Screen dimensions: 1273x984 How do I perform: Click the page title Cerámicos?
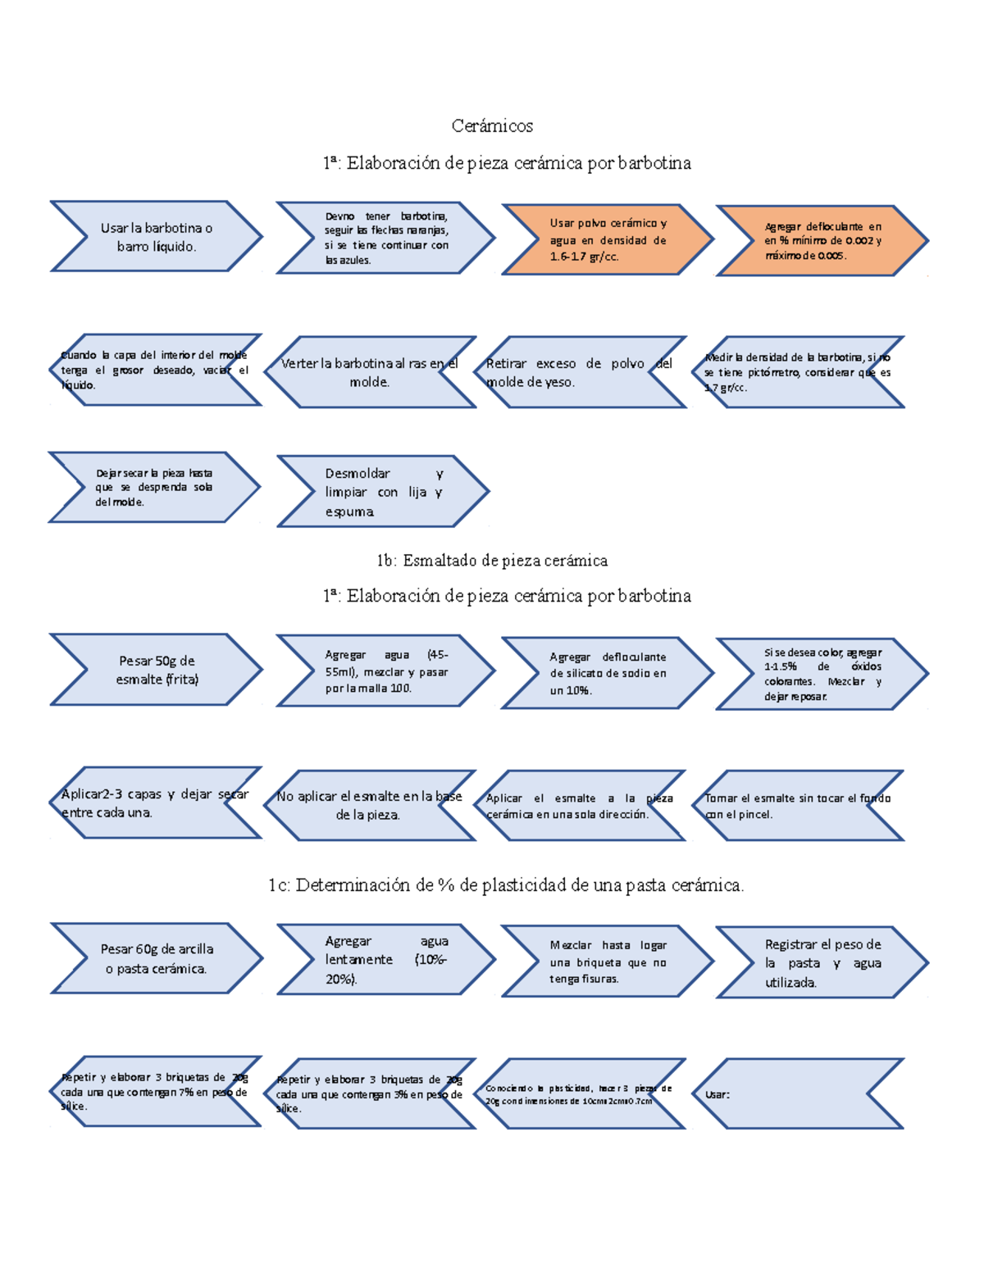coord(492,125)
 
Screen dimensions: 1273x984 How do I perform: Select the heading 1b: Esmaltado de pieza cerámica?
coord(492,561)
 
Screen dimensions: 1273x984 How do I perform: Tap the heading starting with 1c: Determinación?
coord(506,885)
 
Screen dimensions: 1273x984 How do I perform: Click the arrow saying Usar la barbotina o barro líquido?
coord(157,237)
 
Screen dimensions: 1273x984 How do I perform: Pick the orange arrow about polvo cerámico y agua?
coord(608,239)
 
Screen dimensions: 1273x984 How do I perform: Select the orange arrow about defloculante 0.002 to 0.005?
coord(822,241)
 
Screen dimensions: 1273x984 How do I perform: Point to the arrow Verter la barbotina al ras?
coord(370,372)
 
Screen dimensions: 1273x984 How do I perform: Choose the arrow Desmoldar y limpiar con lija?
coord(383,492)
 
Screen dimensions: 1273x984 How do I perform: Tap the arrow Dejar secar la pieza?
coord(154,487)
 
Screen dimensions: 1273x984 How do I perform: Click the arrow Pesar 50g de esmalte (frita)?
coord(157,670)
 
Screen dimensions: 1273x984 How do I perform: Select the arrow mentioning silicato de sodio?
coord(608,673)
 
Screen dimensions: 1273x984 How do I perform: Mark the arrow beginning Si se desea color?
coord(822,674)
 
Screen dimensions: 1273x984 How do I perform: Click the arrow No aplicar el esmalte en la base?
coord(370,805)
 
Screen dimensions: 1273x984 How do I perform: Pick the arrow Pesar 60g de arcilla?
coord(157,958)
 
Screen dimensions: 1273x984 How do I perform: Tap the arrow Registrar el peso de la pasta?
coord(822,962)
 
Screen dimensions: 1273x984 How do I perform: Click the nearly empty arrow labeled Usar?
coord(804,1094)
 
